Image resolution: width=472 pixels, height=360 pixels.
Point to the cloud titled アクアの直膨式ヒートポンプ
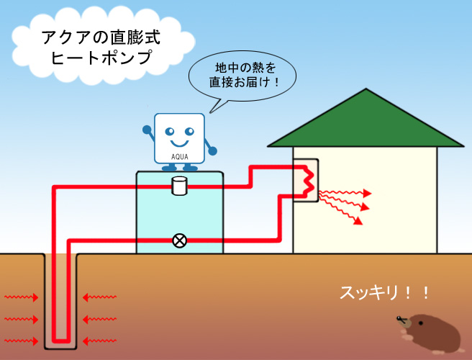point(101,46)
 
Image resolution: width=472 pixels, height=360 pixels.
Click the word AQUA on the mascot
point(179,155)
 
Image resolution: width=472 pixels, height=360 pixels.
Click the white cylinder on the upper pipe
point(179,186)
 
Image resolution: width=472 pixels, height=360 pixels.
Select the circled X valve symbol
point(179,240)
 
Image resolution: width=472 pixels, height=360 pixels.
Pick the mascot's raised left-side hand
point(147,131)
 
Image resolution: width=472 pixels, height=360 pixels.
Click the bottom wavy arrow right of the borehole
point(100,339)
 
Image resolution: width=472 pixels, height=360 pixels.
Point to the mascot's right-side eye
point(188,131)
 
